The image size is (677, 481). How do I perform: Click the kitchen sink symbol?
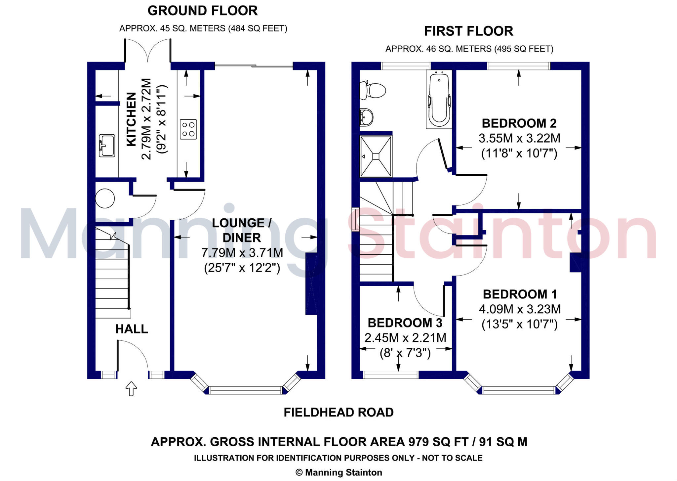(x=107, y=146)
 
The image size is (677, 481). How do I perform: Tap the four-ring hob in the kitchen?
(x=188, y=129)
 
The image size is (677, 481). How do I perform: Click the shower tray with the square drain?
(x=376, y=156)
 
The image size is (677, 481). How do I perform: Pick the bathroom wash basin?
(x=366, y=117)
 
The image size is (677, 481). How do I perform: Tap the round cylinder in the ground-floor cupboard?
(x=105, y=198)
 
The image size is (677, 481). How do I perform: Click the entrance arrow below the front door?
(x=131, y=388)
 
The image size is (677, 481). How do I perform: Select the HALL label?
(x=132, y=329)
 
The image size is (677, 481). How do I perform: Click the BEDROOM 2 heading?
(x=519, y=123)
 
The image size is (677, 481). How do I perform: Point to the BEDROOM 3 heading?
(x=405, y=323)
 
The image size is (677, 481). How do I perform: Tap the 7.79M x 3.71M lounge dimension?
(x=242, y=253)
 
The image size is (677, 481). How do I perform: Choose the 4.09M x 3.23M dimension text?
(x=520, y=309)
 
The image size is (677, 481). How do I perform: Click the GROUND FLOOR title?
(x=203, y=11)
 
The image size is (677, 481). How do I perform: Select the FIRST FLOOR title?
(x=469, y=31)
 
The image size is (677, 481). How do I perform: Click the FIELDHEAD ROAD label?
(x=339, y=412)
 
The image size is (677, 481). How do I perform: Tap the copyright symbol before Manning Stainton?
(x=299, y=472)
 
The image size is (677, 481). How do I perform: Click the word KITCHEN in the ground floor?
(x=131, y=119)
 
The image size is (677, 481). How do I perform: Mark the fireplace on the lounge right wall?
(x=311, y=284)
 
